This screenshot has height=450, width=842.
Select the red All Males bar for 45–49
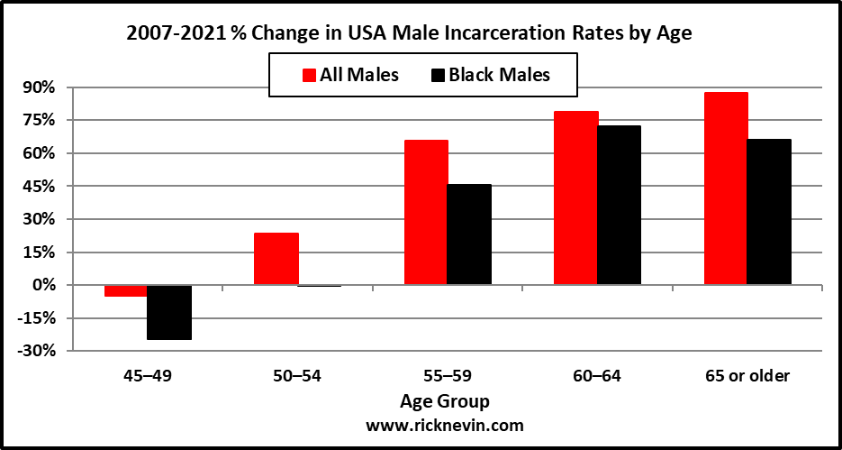[125, 290]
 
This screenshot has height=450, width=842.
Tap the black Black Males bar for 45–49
[168, 312]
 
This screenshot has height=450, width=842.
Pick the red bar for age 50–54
[276, 259]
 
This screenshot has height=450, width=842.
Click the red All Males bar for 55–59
[426, 212]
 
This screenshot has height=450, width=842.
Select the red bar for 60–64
[576, 197]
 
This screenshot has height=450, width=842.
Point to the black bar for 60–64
[620, 205]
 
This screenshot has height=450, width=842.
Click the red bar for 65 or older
[726, 188]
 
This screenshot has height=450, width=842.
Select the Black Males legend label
[502, 75]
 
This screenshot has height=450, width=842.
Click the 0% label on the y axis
[42, 285]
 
